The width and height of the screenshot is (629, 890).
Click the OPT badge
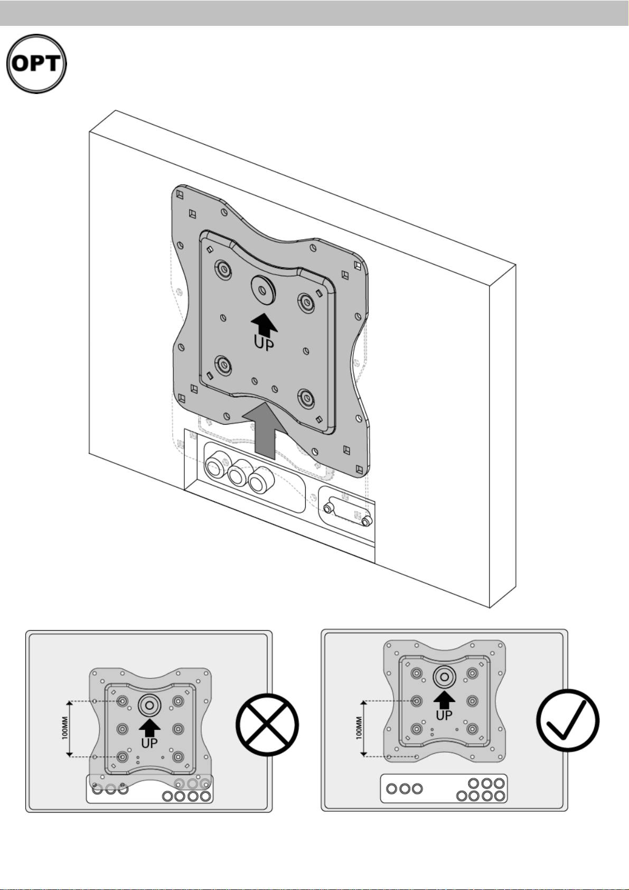pyautogui.click(x=36, y=63)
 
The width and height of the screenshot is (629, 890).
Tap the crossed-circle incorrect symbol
pyautogui.click(x=267, y=724)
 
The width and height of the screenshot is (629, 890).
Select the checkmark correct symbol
pyautogui.click(x=567, y=720)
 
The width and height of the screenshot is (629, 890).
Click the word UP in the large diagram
pyautogui.click(x=264, y=342)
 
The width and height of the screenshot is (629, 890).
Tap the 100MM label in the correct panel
pyautogui.click(x=359, y=727)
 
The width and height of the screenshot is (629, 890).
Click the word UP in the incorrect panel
pyautogui.click(x=149, y=743)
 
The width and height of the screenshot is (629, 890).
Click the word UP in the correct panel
pyautogui.click(x=444, y=715)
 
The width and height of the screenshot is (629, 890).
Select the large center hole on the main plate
pyautogui.click(x=262, y=289)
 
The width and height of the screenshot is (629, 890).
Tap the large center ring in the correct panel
pyautogui.click(x=444, y=677)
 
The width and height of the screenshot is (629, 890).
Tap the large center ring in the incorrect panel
pyautogui.click(x=149, y=705)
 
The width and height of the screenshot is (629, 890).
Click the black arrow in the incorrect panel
pyautogui.click(x=149, y=728)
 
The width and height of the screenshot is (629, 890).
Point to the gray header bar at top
pyautogui.click(x=314, y=13)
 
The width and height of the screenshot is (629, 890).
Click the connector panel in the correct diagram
pyautogui.click(x=444, y=789)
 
